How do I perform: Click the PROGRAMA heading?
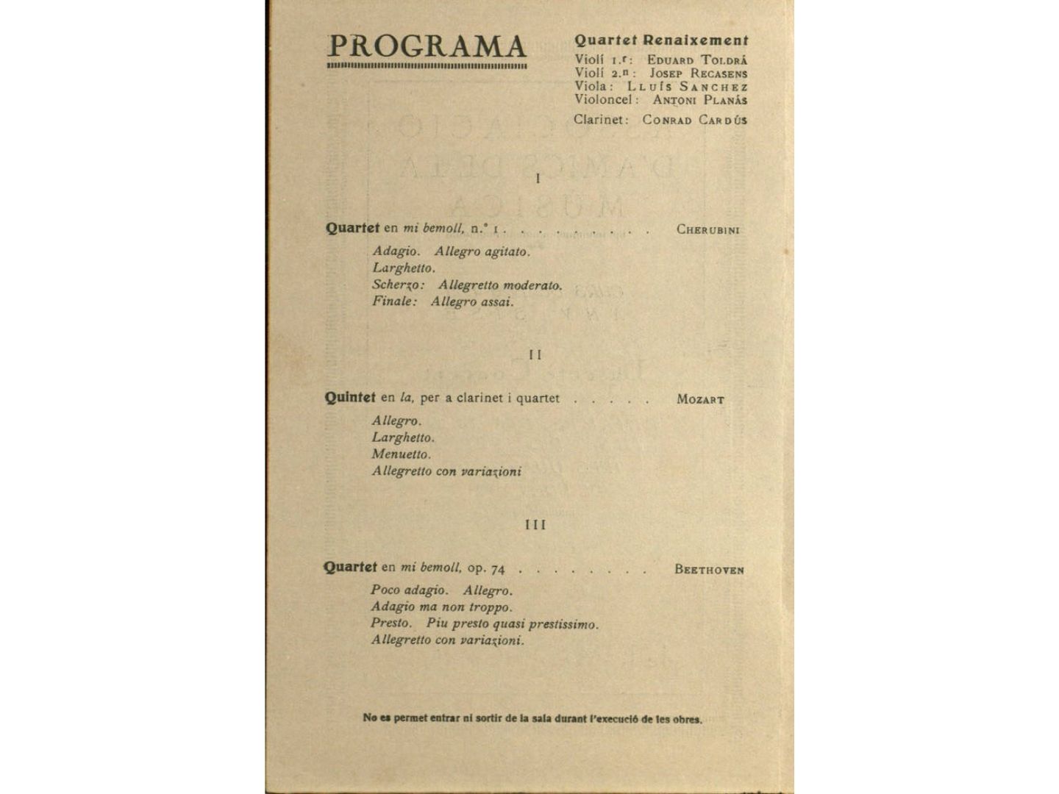point(427,46)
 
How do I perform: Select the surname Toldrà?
point(722,60)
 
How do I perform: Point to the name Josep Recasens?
point(698,73)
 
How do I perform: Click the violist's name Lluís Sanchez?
point(687,86)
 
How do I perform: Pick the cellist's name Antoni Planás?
point(699,99)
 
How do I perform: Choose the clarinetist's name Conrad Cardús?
point(694,119)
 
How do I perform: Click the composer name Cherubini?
point(707,229)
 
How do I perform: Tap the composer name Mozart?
point(700,400)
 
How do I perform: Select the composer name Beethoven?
point(709,569)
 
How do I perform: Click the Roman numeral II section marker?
point(535,355)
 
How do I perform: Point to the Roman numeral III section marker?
point(535,525)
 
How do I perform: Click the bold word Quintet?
point(350,398)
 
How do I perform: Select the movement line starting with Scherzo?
point(467,285)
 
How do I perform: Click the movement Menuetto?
point(401,454)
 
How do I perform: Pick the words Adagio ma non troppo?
point(441,607)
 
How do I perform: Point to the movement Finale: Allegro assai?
point(443,301)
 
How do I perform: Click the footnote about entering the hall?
point(532,718)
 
